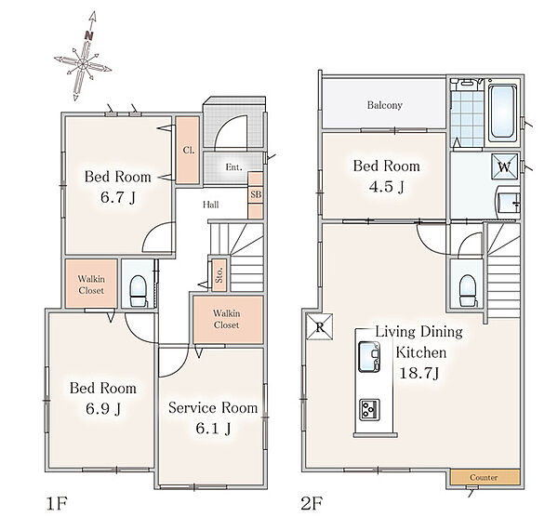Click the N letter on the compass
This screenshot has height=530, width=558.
point(89,35)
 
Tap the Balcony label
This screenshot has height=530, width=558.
point(385,105)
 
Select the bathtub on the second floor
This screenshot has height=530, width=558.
point(502,113)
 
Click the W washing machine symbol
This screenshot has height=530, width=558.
point(505,166)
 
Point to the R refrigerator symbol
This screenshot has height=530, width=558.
point(320,327)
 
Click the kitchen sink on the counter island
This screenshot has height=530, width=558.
point(369,356)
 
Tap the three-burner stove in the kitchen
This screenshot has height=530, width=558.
point(369,410)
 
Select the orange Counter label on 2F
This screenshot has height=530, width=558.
point(484,478)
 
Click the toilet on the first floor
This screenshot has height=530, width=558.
point(138,291)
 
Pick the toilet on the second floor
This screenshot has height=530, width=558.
point(467,290)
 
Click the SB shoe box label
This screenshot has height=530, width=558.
point(256,194)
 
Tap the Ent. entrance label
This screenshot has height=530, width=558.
point(233,166)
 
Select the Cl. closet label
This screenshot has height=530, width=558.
point(189,150)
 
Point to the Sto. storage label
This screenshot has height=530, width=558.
point(219,274)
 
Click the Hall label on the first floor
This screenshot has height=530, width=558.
point(211,205)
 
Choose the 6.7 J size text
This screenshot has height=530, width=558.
point(118,197)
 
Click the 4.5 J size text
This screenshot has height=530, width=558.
point(387,186)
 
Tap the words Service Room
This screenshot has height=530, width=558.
point(213,407)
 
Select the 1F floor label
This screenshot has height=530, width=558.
point(57,504)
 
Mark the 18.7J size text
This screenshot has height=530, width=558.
point(419,373)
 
